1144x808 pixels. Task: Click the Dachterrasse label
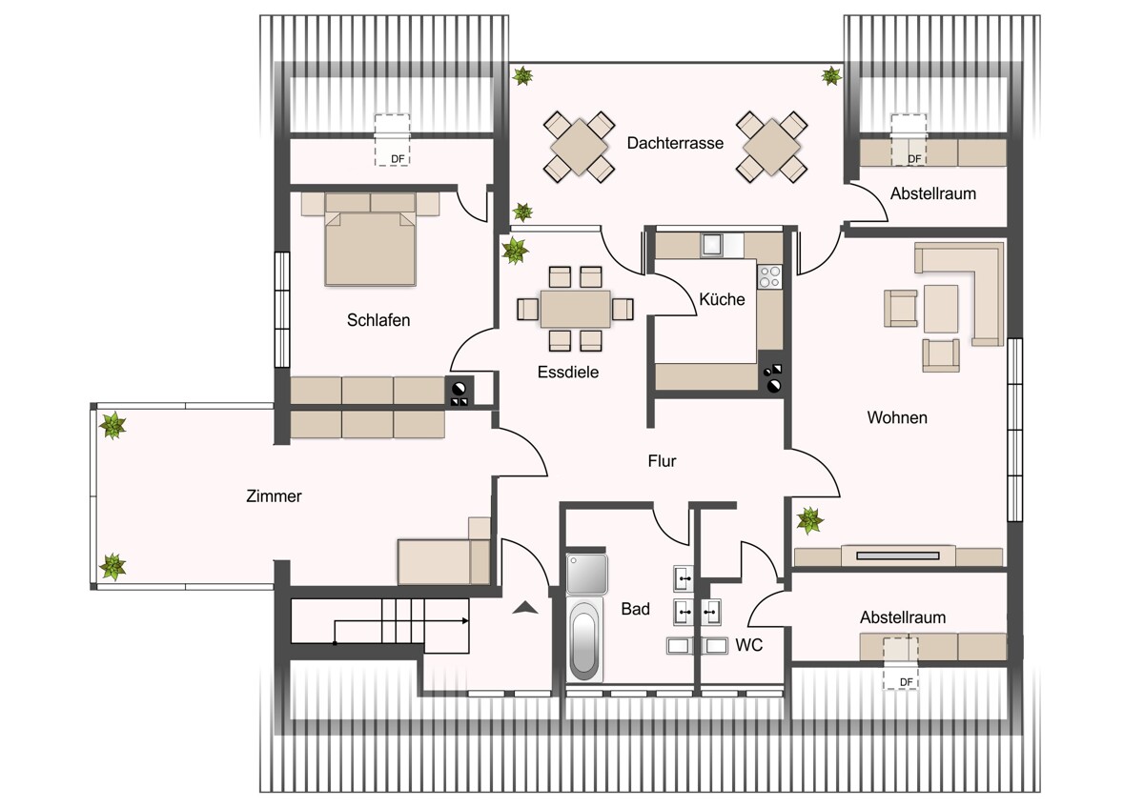coord(675,143)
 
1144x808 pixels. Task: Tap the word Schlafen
coord(378,320)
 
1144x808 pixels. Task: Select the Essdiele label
coord(568,373)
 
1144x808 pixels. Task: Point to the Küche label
coord(722,299)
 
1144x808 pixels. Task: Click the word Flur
coord(662,461)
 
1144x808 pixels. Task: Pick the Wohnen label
coord(897,417)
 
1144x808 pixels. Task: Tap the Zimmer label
coord(274,496)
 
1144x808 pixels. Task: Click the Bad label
coord(635,609)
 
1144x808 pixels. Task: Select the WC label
coord(748,645)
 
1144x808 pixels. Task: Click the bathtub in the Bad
coord(584,640)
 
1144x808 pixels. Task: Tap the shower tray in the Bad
coord(587,574)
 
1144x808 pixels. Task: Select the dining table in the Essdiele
coord(575,309)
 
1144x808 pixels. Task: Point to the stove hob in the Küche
coord(769,276)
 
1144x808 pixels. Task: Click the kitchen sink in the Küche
coord(711,245)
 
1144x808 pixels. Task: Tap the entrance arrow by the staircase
coord(525,607)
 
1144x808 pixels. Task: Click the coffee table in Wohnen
coord(941,309)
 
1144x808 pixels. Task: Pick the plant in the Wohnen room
coord(809,520)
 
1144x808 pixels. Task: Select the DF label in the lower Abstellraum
coord(906,682)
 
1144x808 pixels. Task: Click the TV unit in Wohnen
coord(898,555)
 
